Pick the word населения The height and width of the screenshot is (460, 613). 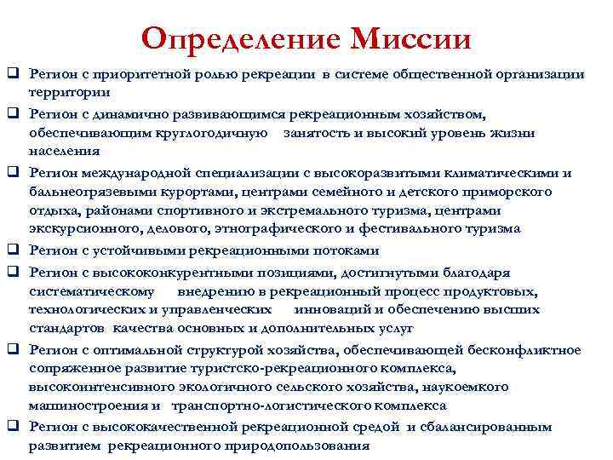[61, 153]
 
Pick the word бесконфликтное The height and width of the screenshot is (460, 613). [524, 349]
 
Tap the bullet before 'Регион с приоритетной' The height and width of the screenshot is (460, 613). [14, 75]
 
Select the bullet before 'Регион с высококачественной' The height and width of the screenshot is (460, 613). [14, 426]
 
